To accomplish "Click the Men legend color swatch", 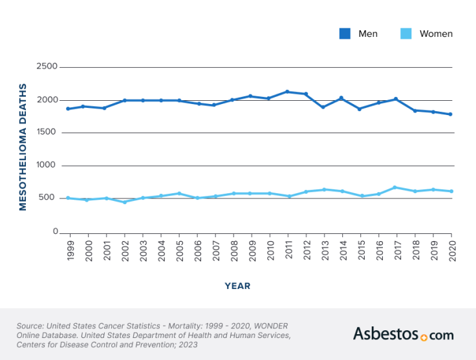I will [x=345, y=34].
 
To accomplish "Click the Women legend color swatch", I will [x=406, y=34].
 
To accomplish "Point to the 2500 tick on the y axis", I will [x=46, y=67].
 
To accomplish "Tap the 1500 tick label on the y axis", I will [x=46, y=132].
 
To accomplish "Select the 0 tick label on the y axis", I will [x=55, y=231].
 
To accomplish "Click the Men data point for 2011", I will [x=287, y=92].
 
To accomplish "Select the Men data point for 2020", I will [x=451, y=114].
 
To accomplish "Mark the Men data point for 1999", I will [x=68, y=109].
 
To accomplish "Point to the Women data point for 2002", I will [x=124, y=202].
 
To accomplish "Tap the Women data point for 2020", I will [x=451, y=191].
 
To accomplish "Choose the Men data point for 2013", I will [x=323, y=107].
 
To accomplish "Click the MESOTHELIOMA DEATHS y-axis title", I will [x=23, y=147].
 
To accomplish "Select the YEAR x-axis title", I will [x=237, y=286].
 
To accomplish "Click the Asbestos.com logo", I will [x=403, y=334].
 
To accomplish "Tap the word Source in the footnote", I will [x=30, y=325].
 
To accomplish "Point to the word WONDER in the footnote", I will [x=268, y=325].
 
